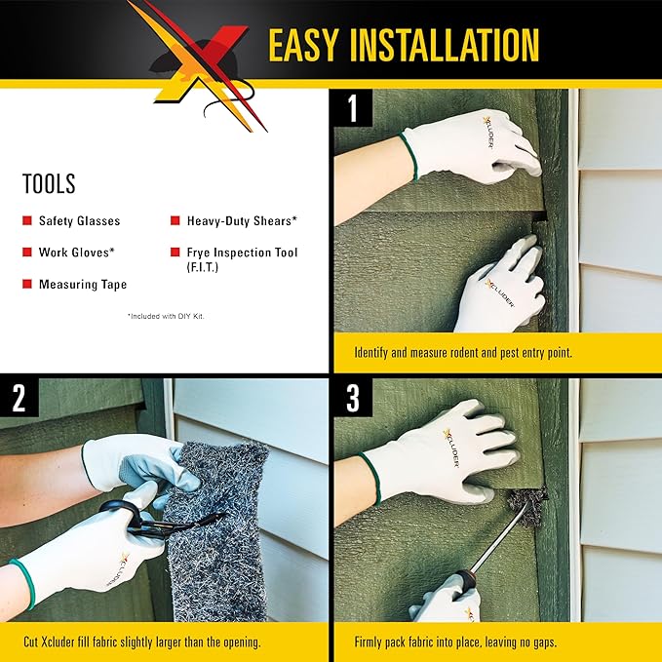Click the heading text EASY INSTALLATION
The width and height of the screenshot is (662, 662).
pyautogui.click(x=403, y=45)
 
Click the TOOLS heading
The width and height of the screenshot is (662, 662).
pyautogui.click(x=49, y=183)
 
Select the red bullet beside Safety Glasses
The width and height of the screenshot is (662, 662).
pyautogui.click(x=26, y=221)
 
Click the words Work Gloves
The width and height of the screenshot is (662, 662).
pyautogui.click(x=77, y=253)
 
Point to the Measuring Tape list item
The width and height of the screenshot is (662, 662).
pyautogui.click(x=83, y=285)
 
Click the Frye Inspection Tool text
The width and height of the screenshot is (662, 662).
pyautogui.click(x=243, y=253)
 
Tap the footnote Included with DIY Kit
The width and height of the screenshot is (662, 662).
pyautogui.click(x=166, y=316)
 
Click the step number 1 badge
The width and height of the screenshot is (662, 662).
pyautogui.click(x=353, y=107)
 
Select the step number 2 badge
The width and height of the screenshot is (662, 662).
pyautogui.click(x=19, y=397)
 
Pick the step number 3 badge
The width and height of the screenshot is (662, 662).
pyautogui.click(x=353, y=397)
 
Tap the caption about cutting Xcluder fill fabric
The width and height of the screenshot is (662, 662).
pyautogui.click(x=142, y=642)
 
